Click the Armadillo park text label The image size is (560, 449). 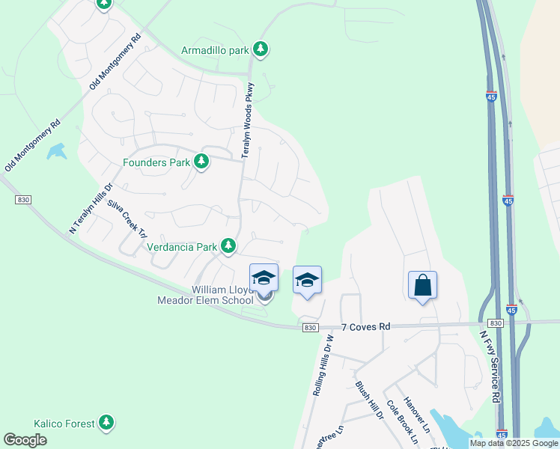(215, 50)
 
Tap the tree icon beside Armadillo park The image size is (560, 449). (261, 49)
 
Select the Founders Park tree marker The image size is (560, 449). (201, 161)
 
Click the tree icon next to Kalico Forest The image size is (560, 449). (107, 423)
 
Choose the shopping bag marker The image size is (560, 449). (423, 285)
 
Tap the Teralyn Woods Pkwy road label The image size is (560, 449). (247, 120)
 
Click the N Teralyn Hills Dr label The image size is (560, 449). (91, 209)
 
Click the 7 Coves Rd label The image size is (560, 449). (366, 327)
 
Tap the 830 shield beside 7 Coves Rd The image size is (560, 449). (310, 328)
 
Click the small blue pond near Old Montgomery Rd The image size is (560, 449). (56, 152)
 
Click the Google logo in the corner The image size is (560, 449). (25, 439)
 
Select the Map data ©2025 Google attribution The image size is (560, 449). (513, 443)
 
